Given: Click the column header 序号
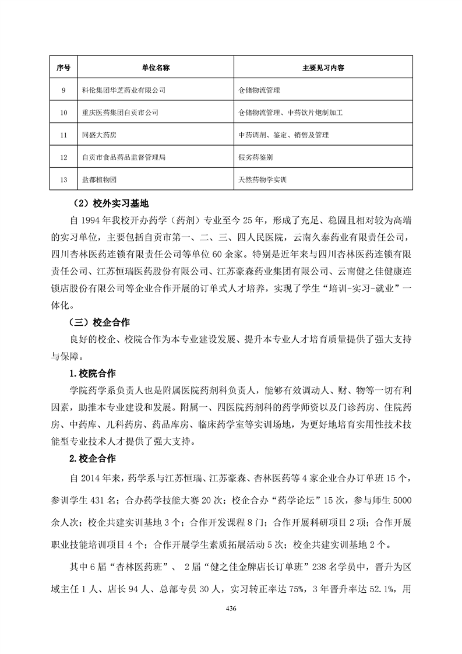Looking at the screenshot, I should (x=64, y=68).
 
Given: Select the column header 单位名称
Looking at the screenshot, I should (x=156, y=68).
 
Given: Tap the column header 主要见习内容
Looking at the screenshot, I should (x=322, y=68).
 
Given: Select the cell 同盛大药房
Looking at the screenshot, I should (x=100, y=135).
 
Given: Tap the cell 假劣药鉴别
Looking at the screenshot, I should (x=256, y=157).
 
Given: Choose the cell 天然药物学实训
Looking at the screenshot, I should (x=263, y=180).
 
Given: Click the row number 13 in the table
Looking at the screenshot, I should (x=64, y=180).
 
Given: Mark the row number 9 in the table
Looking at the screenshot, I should (x=64, y=90).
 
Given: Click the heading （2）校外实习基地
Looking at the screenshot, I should (x=108, y=203).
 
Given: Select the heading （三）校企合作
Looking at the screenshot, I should (x=99, y=321).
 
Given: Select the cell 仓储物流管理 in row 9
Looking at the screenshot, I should (x=260, y=90).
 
